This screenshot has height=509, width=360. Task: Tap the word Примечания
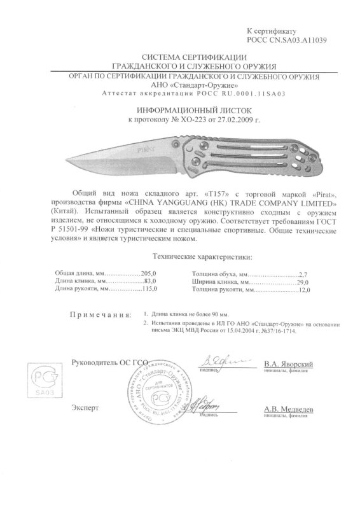coord(101,314)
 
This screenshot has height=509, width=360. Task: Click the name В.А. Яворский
coord(287,363)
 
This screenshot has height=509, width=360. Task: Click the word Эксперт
coord(86,406)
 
